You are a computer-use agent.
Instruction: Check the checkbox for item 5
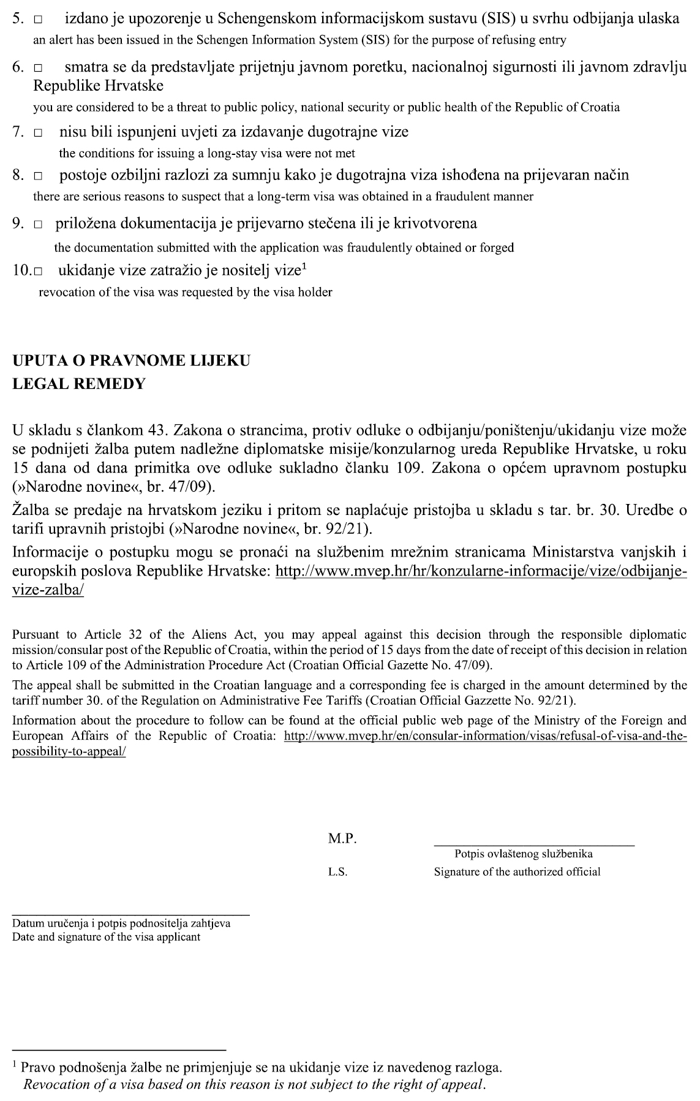(x=39, y=20)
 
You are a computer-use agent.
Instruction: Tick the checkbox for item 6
(x=39, y=67)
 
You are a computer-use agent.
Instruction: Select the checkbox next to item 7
(x=39, y=132)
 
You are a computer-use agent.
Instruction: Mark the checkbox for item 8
(x=39, y=176)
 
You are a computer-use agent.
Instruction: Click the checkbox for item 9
(x=39, y=224)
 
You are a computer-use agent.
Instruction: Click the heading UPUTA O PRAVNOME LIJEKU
(x=131, y=361)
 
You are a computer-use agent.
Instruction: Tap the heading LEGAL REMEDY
(x=79, y=384)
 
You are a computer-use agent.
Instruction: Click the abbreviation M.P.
(x=342, y=839)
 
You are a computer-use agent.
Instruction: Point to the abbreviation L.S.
(x=337, y=872)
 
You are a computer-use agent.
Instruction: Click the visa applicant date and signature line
(x=130, y=914)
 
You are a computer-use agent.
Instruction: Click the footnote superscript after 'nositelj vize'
(x=304, y=266)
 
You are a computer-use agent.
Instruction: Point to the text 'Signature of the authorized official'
(x=517, y=872)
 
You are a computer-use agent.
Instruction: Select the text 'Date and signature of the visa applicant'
(x=106, y=938)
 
